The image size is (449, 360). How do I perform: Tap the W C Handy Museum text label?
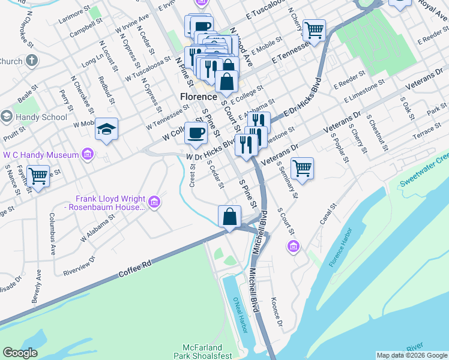(x=41, y=155)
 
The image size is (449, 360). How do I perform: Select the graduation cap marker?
(x=106, y=130)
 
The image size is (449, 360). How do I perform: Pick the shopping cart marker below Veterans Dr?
(x=302, y=168)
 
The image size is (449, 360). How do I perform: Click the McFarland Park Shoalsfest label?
(x=202, y=352)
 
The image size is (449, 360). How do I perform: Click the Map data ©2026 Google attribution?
(x=411, y=355)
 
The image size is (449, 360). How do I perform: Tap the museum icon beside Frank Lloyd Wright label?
(x=155, y=203)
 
